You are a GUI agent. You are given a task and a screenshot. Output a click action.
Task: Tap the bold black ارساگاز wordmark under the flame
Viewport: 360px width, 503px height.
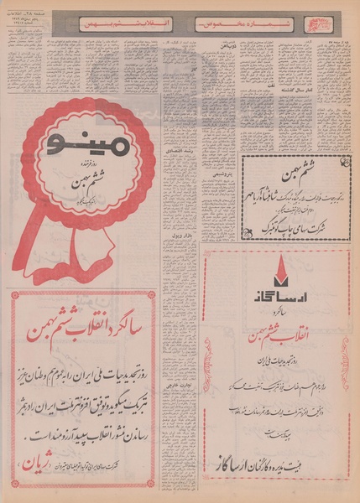(x=276, y=294)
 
